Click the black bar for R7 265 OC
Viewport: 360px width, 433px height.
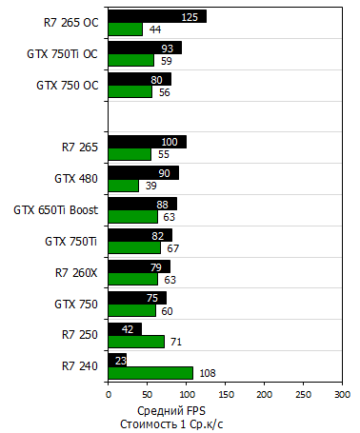[157, 16]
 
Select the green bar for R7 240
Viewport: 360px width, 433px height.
[150, 373]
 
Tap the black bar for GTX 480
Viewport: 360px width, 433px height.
[143, 172]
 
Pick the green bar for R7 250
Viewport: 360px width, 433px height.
[136, 342]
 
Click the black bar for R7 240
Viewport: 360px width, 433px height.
[118, 360]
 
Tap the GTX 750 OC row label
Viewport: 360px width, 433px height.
[67, 85]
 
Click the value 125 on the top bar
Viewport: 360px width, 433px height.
[190, 17]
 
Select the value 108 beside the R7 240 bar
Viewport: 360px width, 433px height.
[207, 373]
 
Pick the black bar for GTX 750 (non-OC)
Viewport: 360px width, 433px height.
[137, 298]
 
